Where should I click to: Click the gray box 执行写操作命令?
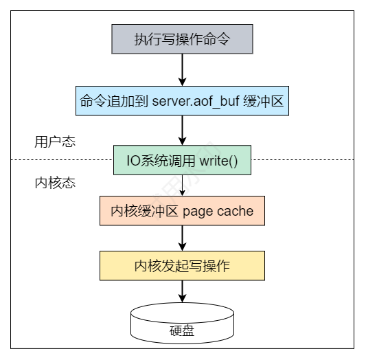182,39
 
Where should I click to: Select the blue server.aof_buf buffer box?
182,101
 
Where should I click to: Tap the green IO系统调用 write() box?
182,160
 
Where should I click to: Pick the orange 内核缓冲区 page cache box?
182,211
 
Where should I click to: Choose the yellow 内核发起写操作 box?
182,266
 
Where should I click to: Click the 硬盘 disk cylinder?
182,324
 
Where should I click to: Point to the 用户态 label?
55,142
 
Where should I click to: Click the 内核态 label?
55,183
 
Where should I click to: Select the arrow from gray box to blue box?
182,70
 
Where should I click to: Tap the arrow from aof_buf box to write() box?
182,131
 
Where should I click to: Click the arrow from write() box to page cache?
182,185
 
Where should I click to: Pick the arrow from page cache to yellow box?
182,238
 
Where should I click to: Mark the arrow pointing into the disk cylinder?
182,291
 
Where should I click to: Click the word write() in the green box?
219,161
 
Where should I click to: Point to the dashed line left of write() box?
62,159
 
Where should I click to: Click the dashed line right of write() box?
303,159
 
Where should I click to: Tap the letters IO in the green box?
133,161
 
